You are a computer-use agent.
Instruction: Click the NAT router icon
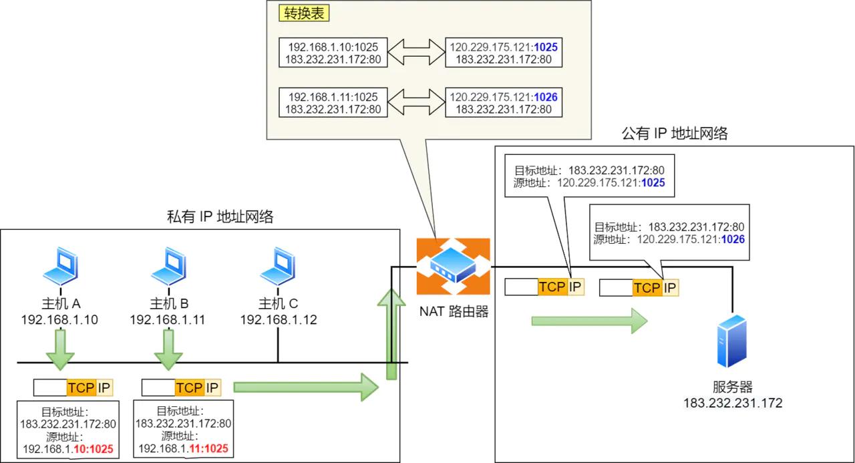point(453,267)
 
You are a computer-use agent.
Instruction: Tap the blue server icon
point(731,342)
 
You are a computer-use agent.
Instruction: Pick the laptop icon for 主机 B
point(168,268)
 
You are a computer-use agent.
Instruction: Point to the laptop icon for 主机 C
point(278,268)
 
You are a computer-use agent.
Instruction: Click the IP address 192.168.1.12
point(279,320)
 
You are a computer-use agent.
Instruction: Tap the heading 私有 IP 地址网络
point(220,216)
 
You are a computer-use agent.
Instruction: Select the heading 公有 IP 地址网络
point(674,134)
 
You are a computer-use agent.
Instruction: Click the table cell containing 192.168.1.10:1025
point(333,53)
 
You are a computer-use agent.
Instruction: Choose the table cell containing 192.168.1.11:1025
point(333,102)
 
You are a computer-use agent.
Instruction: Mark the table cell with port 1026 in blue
point(504,102)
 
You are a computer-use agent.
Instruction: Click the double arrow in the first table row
point(415,53)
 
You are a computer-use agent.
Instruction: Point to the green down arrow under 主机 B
point(167,351)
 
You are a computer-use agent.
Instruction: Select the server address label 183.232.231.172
point(732,403)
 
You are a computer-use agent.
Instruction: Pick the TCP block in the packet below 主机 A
point(81,388)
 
